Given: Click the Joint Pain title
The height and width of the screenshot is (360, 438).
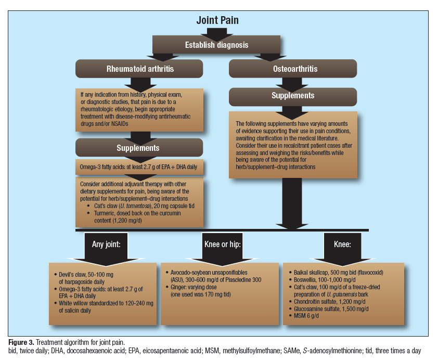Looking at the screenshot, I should coord(217,21).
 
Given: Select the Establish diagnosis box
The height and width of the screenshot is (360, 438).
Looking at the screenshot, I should coord(217,45).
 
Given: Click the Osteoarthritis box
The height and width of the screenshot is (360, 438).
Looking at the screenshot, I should coord(293,69).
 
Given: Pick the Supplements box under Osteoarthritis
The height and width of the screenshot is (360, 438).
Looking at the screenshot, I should coord(293,96).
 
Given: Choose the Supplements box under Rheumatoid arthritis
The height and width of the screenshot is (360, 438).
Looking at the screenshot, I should coord(138,148).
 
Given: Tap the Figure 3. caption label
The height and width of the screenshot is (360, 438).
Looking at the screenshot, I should coord(24,342).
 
